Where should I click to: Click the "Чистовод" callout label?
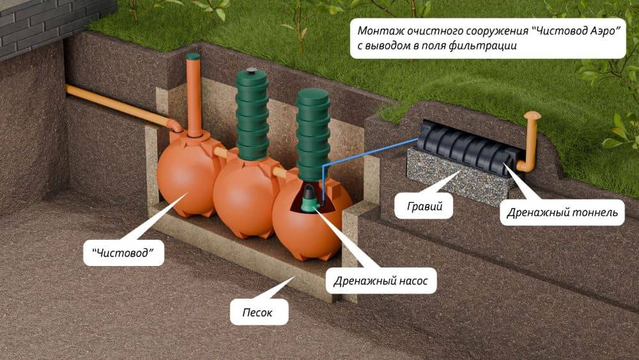click(x=123, y=253)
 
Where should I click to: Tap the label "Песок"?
click(x=257, y=312)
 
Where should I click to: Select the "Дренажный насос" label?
click(x=381, y=281)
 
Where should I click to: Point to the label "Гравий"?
click(x=425, y=206)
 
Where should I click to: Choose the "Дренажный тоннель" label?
click(x=562, y=212)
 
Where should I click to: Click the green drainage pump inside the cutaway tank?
click(x=309, y=200)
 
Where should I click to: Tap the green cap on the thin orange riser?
click(x=193, y=56)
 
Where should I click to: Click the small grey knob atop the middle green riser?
click(x=252, y=70)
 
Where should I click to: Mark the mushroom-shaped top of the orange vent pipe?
click(x=532, y=116)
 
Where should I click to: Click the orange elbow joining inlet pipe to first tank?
click(x=174, y=125)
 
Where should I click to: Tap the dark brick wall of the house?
click(x=49, y=24)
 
